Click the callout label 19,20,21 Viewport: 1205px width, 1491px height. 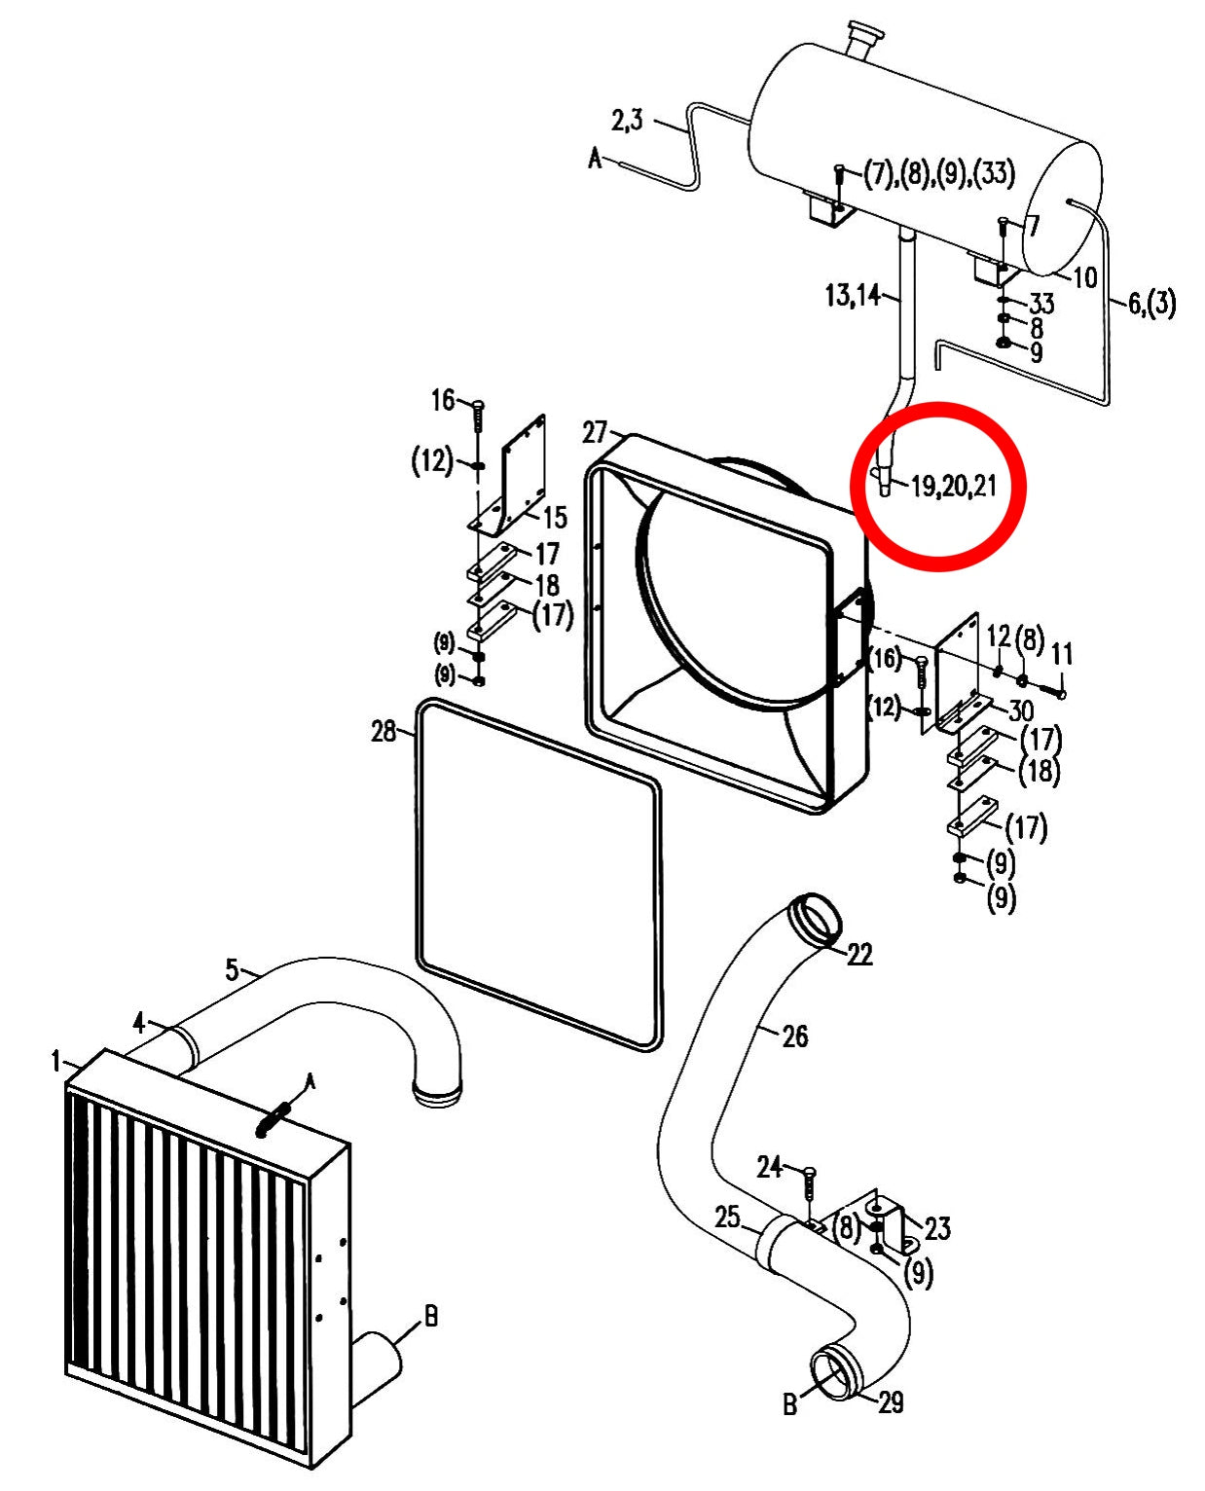click(954, 485)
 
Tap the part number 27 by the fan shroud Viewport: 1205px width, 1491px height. click(594, 432)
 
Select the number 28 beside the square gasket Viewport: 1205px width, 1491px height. click(383, 732)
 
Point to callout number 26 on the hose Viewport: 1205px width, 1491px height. click(794, 1036)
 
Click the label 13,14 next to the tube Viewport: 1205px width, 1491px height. click(852, 295)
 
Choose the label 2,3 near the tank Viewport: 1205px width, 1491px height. click(627, 121)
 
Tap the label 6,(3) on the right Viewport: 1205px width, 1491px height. click(1151, 304)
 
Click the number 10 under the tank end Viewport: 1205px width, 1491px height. click(1084, 278)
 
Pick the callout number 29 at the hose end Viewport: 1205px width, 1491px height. click(891, 1402)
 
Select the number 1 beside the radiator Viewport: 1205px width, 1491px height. click(56, 1062)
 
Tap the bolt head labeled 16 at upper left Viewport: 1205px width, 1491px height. click(479, 405)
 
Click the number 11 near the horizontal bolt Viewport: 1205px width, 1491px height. click(1062, 654)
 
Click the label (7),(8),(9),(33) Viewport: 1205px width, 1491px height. click(939, 173)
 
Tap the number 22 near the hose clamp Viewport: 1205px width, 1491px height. click(859, 954)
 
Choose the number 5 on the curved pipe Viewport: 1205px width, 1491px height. click(232, 970)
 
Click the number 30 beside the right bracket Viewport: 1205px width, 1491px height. click(1021, 710)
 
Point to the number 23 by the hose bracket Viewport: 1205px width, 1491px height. click(937, 1228)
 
